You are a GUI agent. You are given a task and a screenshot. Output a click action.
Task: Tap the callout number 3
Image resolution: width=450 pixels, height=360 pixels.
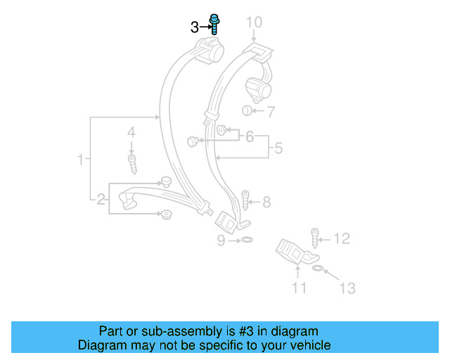[195, 27]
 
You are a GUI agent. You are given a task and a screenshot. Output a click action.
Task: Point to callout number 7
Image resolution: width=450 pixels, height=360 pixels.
[271, 111]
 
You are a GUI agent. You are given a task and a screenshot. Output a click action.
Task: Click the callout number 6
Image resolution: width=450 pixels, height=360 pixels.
[249, 136]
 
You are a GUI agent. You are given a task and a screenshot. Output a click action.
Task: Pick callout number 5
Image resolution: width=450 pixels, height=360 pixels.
[278, 148]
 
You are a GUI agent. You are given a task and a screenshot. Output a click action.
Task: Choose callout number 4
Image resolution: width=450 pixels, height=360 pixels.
[131, 132]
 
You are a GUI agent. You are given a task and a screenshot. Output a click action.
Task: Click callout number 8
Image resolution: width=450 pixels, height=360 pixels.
[266, 202]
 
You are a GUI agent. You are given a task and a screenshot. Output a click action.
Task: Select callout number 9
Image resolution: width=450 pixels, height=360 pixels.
[221, 241]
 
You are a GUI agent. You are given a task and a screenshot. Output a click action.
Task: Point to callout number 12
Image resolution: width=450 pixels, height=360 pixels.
[341, 240]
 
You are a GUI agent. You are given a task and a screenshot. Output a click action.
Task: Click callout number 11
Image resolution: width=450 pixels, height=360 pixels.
[300, 287]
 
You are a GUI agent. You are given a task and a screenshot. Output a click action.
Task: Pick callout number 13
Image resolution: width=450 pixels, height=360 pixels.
[347, 288]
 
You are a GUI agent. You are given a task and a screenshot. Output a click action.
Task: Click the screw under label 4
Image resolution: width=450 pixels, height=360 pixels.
[131, 165]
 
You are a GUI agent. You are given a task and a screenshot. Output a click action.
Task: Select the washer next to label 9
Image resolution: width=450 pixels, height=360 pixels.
[245, 241]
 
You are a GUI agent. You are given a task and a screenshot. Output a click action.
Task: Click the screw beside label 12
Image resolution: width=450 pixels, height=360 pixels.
[315, 236]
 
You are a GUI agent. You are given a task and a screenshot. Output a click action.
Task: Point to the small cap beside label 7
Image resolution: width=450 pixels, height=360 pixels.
[247, 110]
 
